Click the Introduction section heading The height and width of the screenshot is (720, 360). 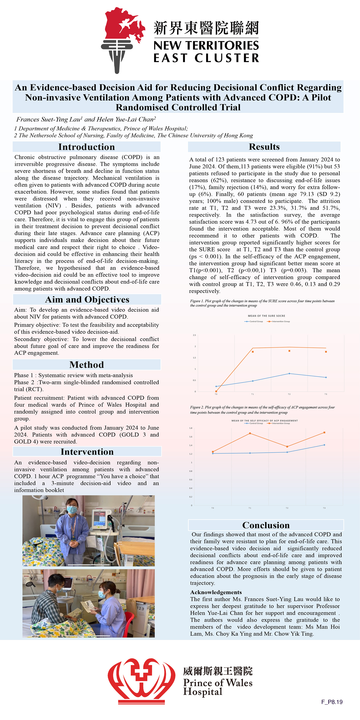(x=86, y=147)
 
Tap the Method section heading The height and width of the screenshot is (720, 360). (x=86, y=365)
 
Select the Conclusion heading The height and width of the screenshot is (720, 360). (x=266, y=525)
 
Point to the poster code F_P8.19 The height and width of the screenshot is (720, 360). (x=332, y=702)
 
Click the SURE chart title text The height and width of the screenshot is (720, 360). (x=266, y=316)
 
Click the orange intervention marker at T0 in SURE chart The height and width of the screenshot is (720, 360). (x=216, y=391)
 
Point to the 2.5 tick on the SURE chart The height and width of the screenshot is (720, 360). (x=194, y=335)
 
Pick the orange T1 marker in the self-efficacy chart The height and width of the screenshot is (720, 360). (x=250, y=433)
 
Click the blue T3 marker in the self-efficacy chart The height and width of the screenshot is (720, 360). (x=324, y=445)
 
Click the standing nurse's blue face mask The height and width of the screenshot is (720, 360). (x=72, y=510)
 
